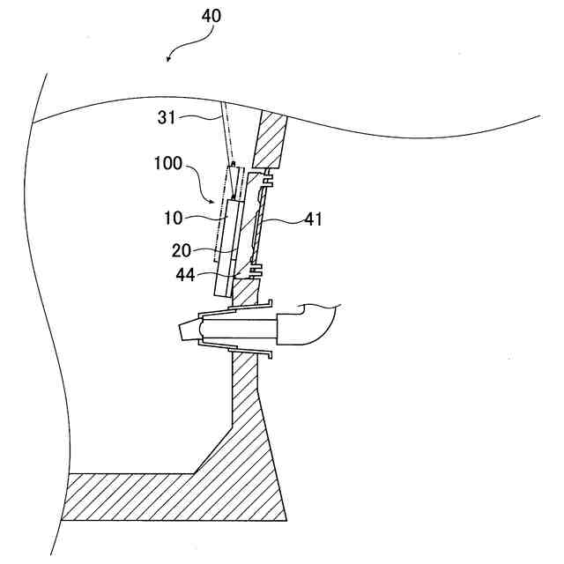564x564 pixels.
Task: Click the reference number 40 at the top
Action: pos(211,16)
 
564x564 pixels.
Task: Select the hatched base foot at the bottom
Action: pos(176,498)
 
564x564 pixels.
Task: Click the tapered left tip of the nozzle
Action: pos(187,331)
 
